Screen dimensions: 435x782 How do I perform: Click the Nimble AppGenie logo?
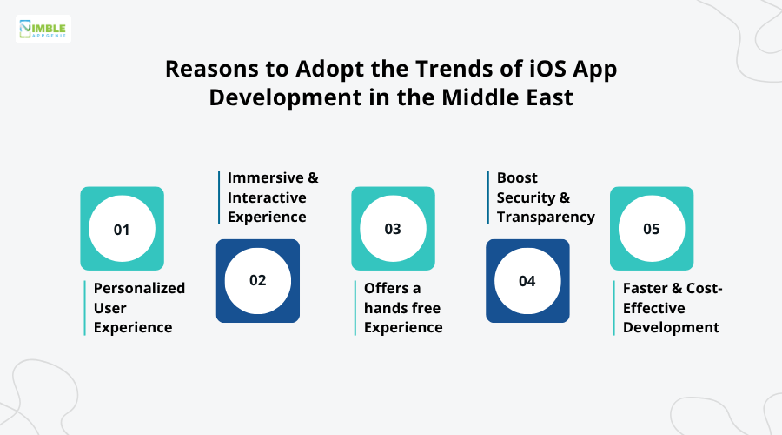pyautogui.click(x=43, y=29)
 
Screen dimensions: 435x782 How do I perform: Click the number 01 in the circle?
pyautogui.click(x=122, y=230)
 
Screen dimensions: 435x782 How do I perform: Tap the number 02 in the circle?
pyautogui.click(x=257, y=281)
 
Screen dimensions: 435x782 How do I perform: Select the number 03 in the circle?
pyautogui.click(x=393, y=230)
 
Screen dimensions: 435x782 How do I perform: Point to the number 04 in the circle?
pyautogui.click(x=527, y=281)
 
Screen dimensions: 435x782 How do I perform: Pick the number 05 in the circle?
pyautogui.click(x=651, y=230)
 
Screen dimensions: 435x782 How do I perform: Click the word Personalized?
pyautogui.click(x=139, y=288)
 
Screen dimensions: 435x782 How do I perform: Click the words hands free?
pyautogui.click(x=402, y=308)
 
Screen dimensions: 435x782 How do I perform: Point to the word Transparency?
pyautogui.click(x=546, y=217)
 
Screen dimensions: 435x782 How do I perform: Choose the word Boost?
pyautogui.click(x=517, y=177)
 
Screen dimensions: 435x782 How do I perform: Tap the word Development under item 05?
pyautogui.click(x=671, y=327)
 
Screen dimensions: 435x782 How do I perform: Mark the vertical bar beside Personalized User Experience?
pyautogui.click(x=85, y=308)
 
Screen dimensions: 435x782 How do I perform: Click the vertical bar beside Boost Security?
pyautogui.click(x=488, y=197)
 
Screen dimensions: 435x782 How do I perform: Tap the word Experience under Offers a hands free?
pyautogui.click(x=403, y=327)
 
